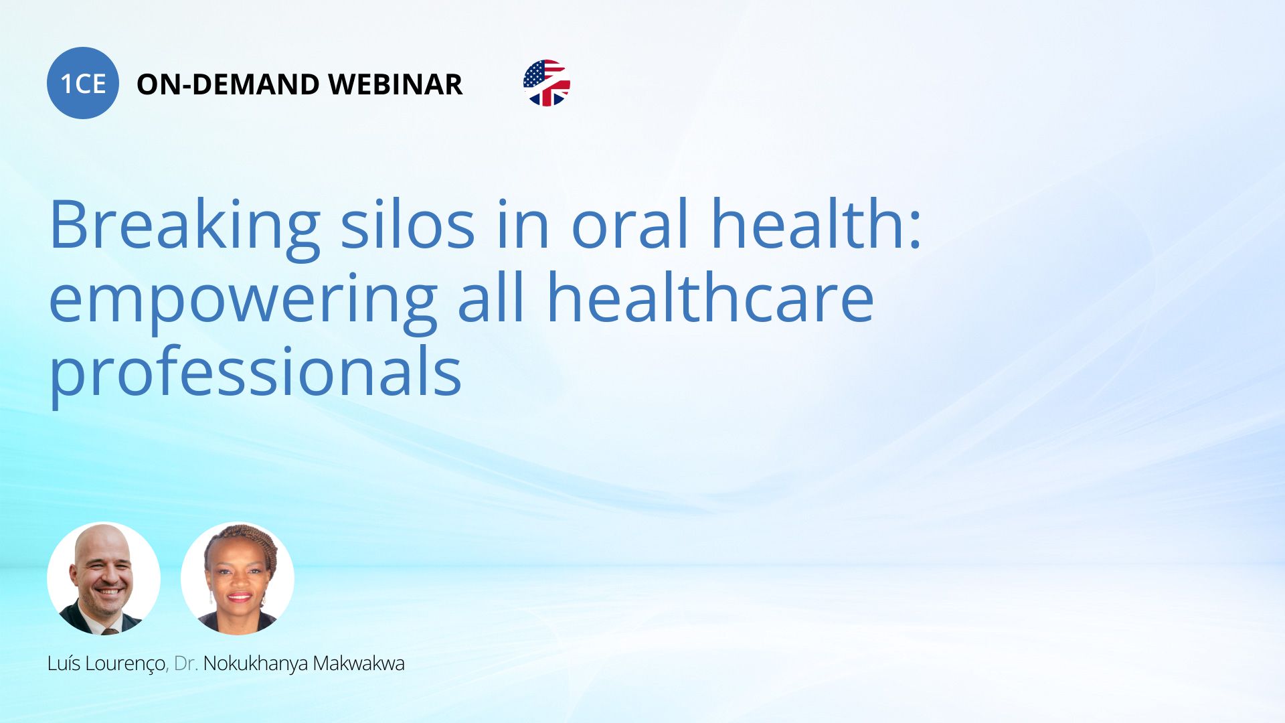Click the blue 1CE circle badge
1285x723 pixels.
pyautogui.click(x=83, y=83)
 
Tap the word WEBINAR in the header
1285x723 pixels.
pyautogui.click(x=396, y=84)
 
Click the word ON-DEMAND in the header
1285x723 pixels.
pyautogui.click(x=228, y=84)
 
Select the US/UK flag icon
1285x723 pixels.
pyautogui.click(x=547, y=83)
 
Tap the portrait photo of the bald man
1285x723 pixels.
pyautogui.click(x=104, y=578)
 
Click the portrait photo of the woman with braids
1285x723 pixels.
pyautogui.click(x=238, y=578)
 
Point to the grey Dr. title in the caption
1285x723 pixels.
pyautogui.click(x=186, y=663)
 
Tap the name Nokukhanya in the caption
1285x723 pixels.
pyautogui.click(x=256, y=664)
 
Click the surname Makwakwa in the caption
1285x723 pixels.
pyautogui.click(x=359, y=663)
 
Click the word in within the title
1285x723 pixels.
pyautogui.click(x=523, y=225)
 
